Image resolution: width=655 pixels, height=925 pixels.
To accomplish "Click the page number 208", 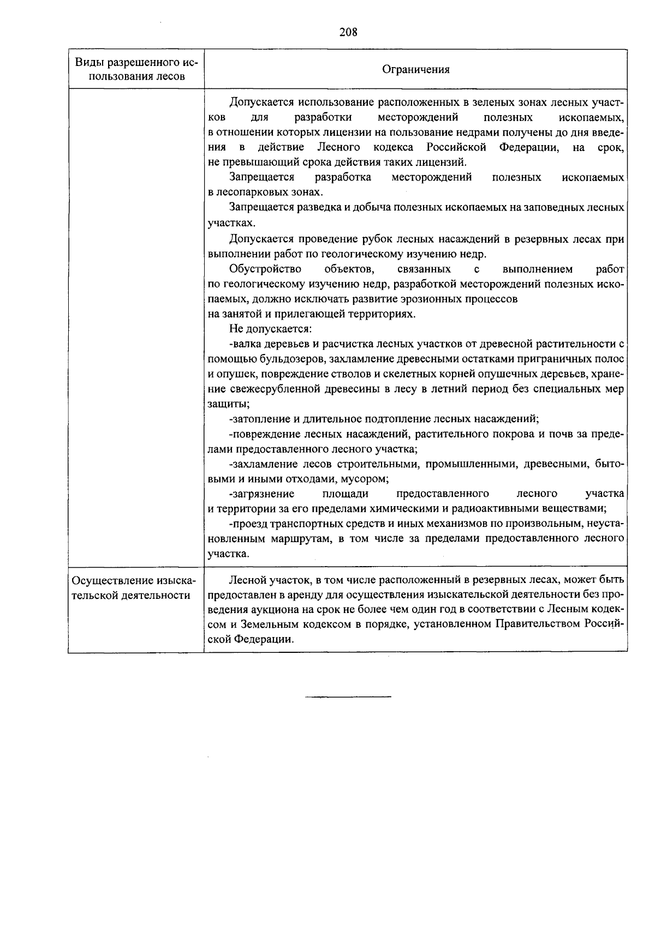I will [348, 32].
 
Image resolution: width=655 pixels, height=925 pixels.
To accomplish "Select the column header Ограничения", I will [416, 69].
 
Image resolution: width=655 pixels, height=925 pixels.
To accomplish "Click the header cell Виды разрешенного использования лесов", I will [136, 69].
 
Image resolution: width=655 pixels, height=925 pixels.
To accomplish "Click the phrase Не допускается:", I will [270, 329].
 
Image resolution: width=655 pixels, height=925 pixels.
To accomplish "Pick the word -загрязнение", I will [262, 494].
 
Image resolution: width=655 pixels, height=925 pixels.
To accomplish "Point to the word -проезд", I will [247, 524].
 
